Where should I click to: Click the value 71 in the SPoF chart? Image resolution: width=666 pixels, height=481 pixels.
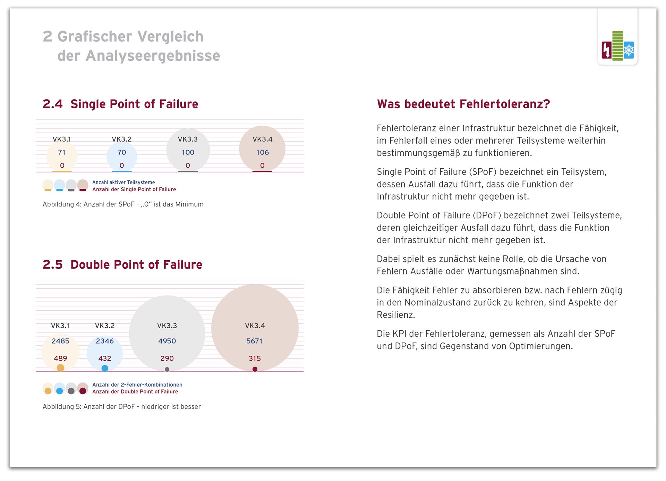[62, 152]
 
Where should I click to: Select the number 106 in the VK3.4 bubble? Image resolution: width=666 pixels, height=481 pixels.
[263, 152]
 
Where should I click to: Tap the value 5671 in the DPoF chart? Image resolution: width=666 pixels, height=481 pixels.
[255, 341]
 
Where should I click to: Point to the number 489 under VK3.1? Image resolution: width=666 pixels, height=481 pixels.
[60, 358]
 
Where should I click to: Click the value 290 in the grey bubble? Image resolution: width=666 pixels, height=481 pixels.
[167, 358]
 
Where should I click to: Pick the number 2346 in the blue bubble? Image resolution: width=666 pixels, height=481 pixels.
[105, 341]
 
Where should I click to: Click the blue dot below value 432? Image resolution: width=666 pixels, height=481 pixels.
[105, 368]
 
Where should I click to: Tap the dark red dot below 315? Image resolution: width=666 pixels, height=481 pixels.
[255, 369]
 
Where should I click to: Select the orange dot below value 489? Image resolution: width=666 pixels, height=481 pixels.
[60, 368]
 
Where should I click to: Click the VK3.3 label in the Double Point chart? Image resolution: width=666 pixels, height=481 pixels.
[167, 326]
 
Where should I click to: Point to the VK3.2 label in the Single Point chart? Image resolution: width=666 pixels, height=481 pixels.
[122, 139]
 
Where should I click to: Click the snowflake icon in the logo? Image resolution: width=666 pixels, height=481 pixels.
[629, 51]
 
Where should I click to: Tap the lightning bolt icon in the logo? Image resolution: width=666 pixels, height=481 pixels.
[607, 50]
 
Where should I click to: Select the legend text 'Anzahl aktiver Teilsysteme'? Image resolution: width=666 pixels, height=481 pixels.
[123, 183]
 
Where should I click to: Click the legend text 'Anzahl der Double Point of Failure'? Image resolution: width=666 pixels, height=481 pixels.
[135, 392]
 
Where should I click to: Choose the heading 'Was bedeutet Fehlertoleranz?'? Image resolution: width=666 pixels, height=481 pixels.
[463, 104]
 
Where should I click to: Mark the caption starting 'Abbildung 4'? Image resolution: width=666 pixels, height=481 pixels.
[123, 204]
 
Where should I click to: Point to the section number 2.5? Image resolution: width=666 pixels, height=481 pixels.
[53, 265]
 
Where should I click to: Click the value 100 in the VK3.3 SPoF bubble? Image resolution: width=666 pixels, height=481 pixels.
[188, 152]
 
